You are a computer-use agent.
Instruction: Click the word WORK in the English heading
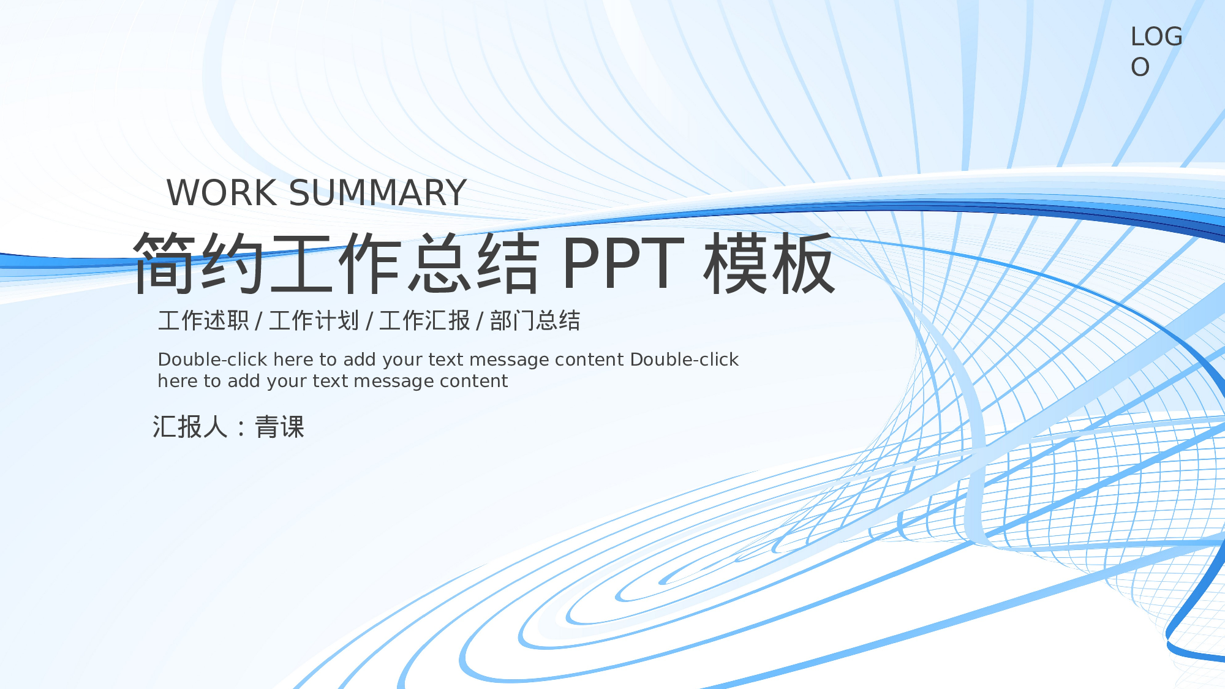[222, 193]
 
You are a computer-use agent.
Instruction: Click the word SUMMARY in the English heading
[377, 193]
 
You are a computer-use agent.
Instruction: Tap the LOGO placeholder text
[1156, 51]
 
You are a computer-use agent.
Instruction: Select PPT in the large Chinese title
[623, 263]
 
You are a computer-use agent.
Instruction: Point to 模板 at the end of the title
[769, 263]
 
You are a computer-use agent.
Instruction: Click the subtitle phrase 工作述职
[203, 321]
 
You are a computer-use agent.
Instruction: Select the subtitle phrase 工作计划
[314, 321]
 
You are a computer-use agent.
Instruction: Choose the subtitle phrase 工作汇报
[424, 321]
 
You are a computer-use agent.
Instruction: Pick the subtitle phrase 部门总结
[535, 321]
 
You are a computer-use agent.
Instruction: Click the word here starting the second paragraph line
[177, 381]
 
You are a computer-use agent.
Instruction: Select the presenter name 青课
[280, 427]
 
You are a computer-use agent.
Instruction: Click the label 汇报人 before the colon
[190, 427]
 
